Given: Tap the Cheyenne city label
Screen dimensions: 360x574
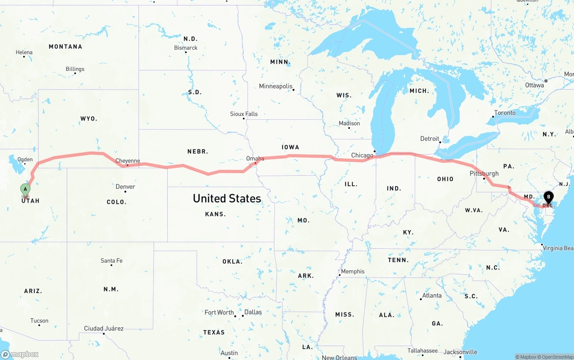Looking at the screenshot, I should pos(128,161).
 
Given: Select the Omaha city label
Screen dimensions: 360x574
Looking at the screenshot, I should pos(255,158).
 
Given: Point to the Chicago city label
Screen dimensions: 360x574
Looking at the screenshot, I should pos(362,156).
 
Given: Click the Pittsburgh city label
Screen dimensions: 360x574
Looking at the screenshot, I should pos(484,173).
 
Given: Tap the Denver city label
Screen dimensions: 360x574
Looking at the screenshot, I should pos(125,187).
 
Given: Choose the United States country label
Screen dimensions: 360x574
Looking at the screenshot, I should pos(227,198).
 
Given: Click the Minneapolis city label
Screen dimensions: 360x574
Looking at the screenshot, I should pos(275,86).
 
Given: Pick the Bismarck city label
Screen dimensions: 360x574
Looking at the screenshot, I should pos(186,48).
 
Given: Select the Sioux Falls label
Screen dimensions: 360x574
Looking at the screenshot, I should pos(244,114).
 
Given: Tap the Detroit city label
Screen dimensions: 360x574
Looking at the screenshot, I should pos(430,139).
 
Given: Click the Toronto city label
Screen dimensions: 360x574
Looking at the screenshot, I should pos(505,113).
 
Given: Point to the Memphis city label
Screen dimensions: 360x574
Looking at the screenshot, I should pos(353,271).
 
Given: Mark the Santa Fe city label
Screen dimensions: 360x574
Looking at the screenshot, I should pos(111,260).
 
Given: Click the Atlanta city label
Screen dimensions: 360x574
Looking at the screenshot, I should pos(432,295).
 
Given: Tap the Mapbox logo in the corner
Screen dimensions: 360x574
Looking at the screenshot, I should pos(20,354).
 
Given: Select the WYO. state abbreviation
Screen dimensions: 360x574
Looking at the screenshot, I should pos(89,118).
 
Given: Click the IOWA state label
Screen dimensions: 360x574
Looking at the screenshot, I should pos(290,147).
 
